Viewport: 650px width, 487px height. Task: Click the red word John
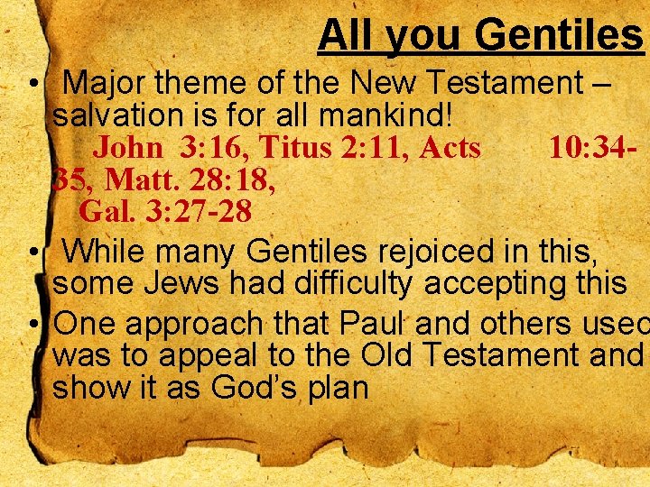tap(128, 147)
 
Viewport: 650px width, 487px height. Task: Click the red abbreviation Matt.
tap(133, 179)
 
